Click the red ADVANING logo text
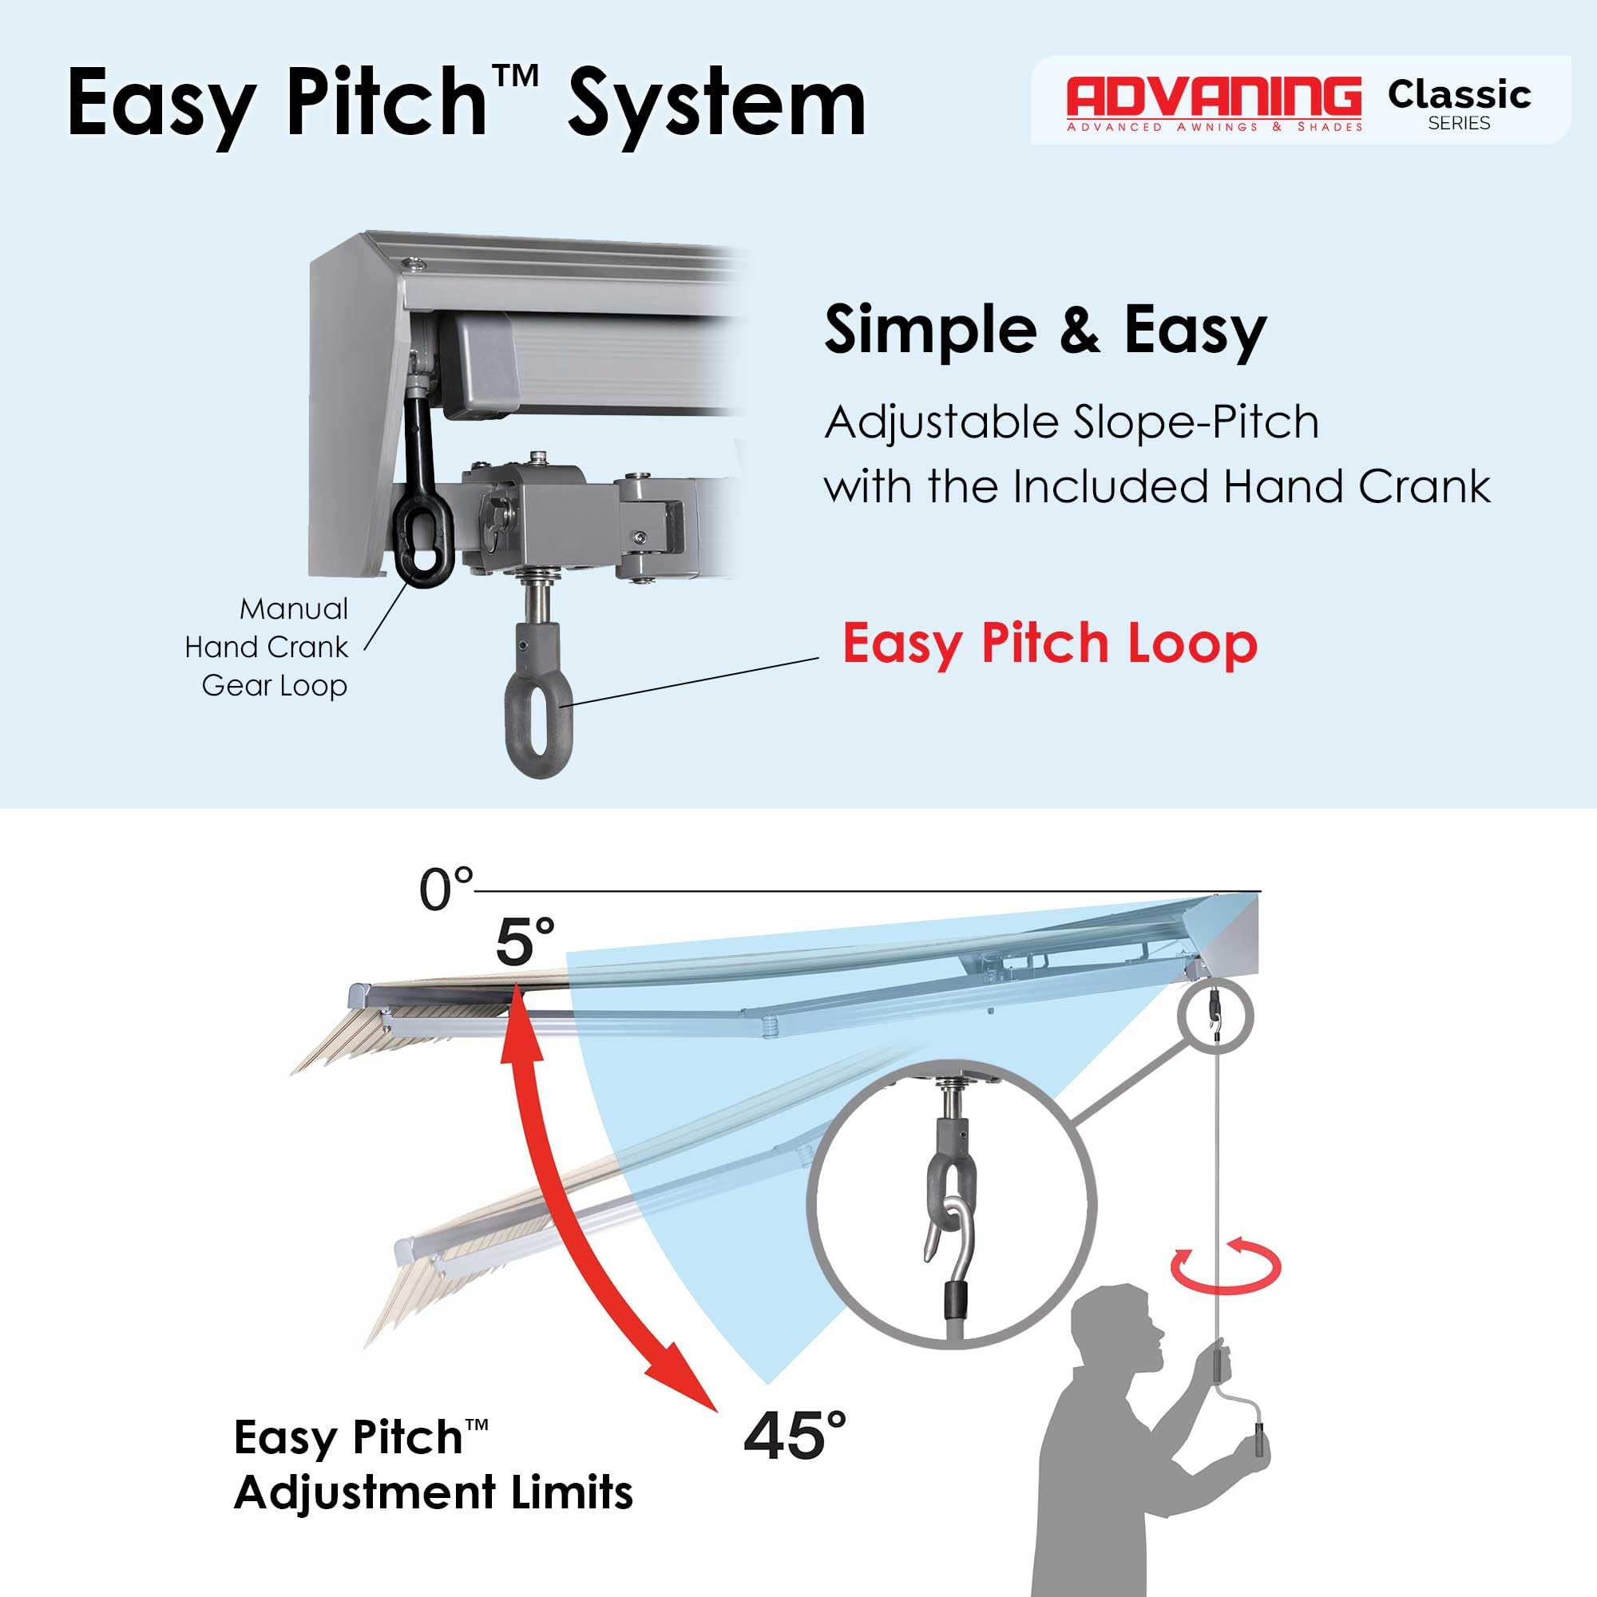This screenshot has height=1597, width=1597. point(1215,97)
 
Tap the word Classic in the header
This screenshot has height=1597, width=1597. point(1459,95)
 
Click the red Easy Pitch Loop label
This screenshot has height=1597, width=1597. point(1050,644)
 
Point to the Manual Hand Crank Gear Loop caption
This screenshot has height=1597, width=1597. point(266,648)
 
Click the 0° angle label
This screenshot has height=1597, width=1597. point(446,890)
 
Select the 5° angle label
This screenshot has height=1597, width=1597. point(525,941)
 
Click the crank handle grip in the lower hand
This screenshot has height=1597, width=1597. point(1260,1442)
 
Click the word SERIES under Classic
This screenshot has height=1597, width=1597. point(1459,123)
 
